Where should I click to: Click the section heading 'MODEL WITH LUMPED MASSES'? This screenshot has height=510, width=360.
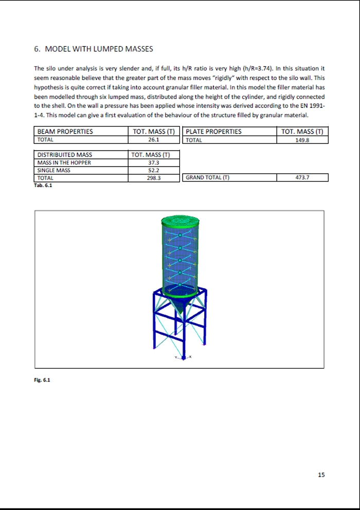(x=99, y=49)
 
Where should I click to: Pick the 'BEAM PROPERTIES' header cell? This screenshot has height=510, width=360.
(x=65, y=132)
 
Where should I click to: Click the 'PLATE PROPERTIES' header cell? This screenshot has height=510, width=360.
(x=213, y=132)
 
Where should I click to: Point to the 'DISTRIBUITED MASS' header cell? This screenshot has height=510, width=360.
(x=65, y=155)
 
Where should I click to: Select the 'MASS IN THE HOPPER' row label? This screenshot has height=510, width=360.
(x=64, y=162)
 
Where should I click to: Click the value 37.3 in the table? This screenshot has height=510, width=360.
(x=153, y=162)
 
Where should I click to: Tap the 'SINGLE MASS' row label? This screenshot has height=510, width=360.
(x=54, y=170)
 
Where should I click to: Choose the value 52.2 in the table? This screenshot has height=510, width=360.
(x=153, y=170)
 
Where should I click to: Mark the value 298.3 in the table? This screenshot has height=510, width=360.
(x=153, y=178)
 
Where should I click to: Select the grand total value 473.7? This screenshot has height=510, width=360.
(x=302, y=178)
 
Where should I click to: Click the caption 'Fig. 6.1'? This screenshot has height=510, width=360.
(x=42, y=380)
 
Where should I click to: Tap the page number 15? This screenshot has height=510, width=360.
(x=321, y=475)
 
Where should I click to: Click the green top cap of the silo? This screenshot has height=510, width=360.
(x=180, y=222)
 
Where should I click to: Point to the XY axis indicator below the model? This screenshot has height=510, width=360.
(x=183, y=357)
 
